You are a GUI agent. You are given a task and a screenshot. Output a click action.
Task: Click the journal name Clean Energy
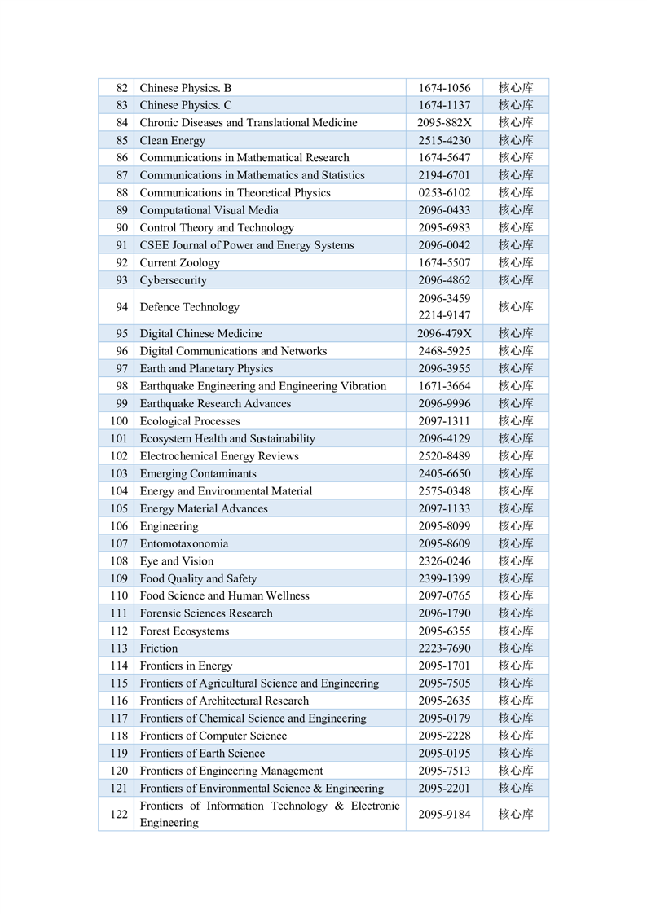(x=173, y=140)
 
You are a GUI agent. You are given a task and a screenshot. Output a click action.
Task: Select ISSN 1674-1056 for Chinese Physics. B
(x=444, y=88)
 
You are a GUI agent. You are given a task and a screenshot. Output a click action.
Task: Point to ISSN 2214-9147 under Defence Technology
(x=444, y=315)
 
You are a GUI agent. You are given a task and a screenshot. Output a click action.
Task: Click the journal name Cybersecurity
(x=174, y=280)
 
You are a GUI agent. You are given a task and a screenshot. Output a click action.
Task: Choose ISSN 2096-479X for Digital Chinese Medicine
(x=444, y=333)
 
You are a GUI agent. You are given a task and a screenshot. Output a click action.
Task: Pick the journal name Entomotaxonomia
(x=184, y=543)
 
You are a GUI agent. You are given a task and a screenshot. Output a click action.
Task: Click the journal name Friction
(x=159, y=648)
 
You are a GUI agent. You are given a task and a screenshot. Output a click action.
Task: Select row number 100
(x=120, y=421)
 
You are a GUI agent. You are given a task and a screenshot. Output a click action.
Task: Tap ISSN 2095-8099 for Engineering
(x=444, y=526)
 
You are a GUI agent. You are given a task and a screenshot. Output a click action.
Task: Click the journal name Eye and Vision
(x=177, y=561)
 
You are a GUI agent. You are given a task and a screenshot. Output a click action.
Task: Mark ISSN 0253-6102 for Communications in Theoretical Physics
(x=444, y=193)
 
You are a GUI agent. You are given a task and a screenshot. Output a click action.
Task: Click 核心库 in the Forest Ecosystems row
(x=516, y=631)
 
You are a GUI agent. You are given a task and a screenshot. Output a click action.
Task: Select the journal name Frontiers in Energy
(x=187, y=666)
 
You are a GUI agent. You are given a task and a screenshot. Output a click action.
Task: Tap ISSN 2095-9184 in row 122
(x=444, y=815)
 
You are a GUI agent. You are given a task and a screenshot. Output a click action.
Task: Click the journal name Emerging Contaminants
(x=198, y=473)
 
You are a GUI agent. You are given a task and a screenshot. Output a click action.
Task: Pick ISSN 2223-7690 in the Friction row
(x=444, y=648)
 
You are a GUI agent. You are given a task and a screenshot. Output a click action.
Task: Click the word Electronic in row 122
(x=372, y=806)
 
